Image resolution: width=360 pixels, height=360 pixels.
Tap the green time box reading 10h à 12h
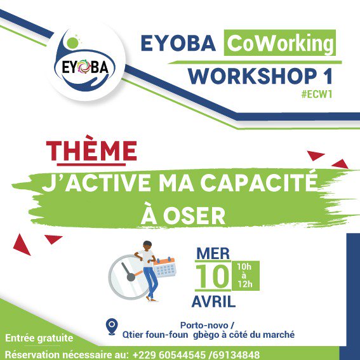click(x=244, y=276)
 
